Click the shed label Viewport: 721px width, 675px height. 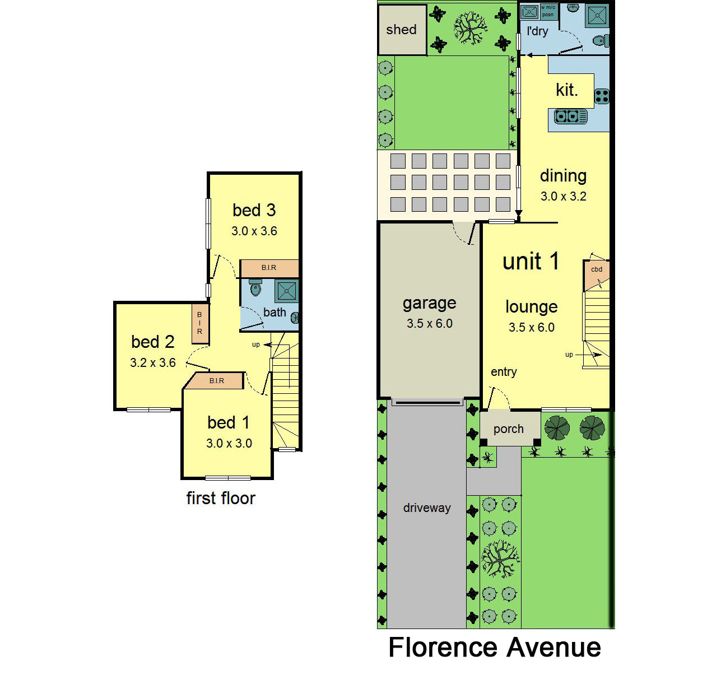pyautogui.click(x=401, y=30)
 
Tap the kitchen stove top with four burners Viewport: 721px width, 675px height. pyautogui.click(x=602, y=96)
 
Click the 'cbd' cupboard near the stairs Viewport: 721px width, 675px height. pyautogui.click(x=596, y=275)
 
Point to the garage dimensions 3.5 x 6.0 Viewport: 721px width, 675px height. pyautogui.click(x=430, y=324)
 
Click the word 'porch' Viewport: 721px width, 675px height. pyautogui.click(x=508, y=429)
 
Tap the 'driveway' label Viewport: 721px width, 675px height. pyautogui.click(x=427, y=508)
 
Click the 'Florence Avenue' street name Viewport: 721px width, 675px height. pyautogui.click(x=495, y=648)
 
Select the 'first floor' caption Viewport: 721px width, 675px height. pyautogui.click(x=221, y=498)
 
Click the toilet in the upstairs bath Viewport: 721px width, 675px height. pyautogui.click(x=255, y=287)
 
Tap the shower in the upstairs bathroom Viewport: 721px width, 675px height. pyautogui.click(x=287, y=291)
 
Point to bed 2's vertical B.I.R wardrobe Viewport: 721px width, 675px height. pyautogui.click(x=200, y=323)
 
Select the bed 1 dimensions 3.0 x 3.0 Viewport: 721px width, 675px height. pyautogui.click(x=229, y=443)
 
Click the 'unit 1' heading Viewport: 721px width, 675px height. pyautogui.click(x=531, y=261)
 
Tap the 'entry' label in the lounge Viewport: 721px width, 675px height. pyautogui.click(x=504, y=372)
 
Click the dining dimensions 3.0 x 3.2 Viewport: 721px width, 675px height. pyautogui.click(x=564, y=197)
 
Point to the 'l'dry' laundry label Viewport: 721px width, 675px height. pyautogui.click(x=537, y=31)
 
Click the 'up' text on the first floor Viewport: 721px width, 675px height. pyautogui.click(x=256, y=345)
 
